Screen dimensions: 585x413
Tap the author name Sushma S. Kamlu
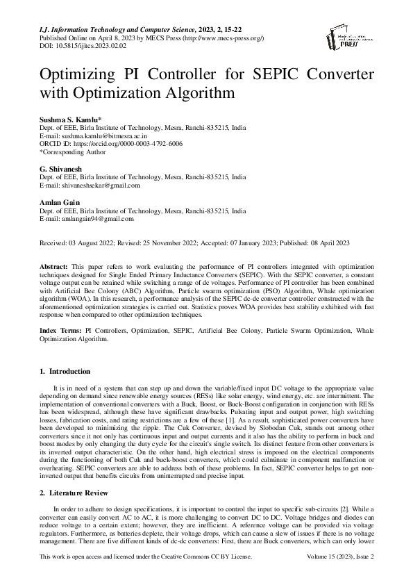71,120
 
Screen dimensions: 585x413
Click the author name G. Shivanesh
63,170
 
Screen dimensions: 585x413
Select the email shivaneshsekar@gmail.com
101,186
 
